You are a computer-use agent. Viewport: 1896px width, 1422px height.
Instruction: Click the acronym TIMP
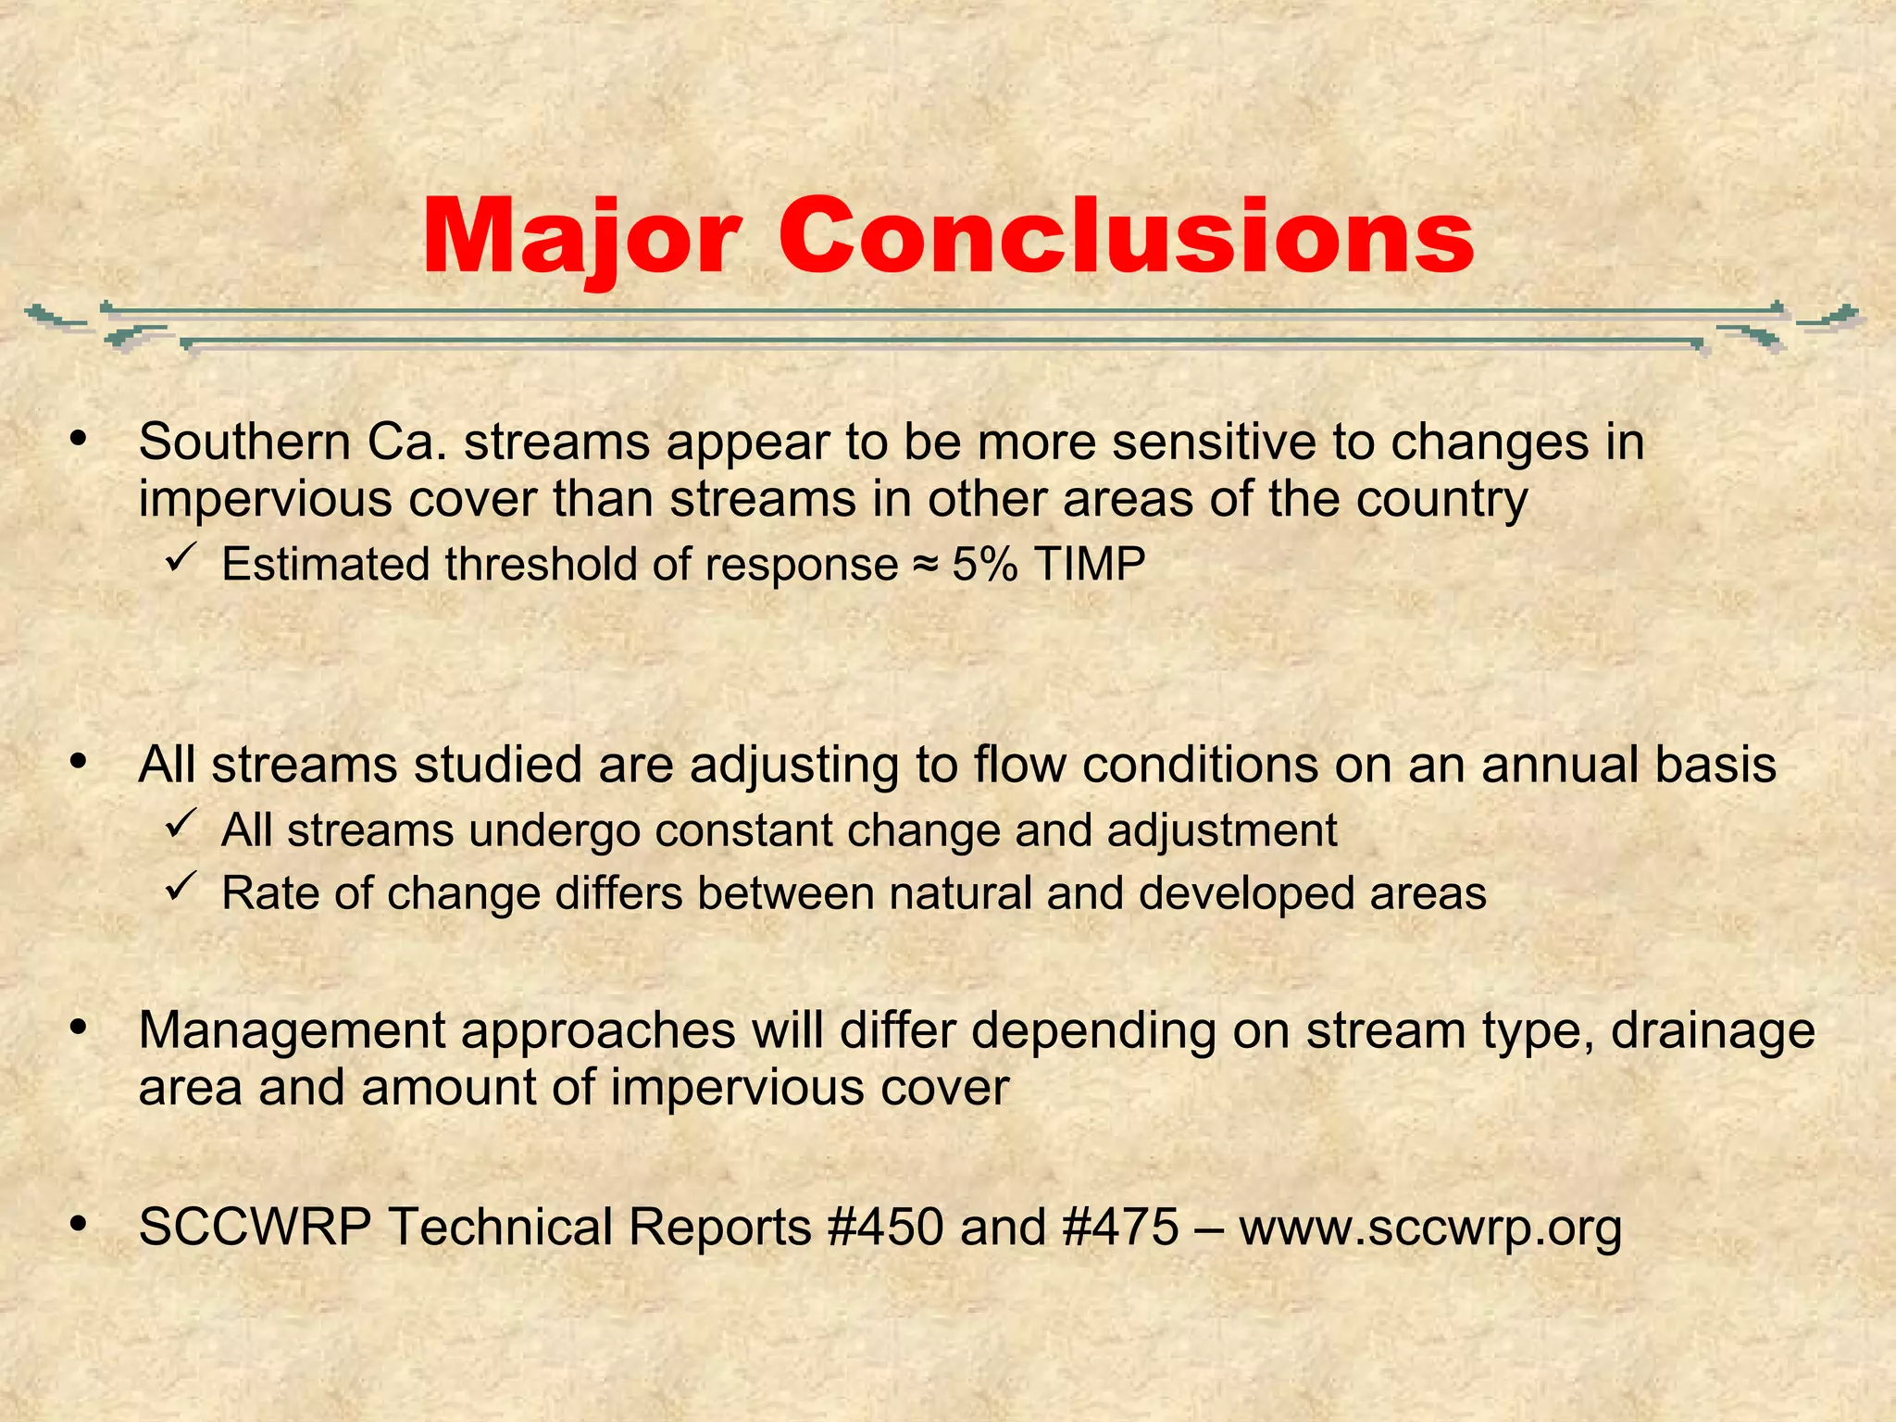pyautogui.click(x=1090, y=564)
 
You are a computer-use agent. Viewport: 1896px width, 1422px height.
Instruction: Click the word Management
pyautogui.click(x=292, y=1030)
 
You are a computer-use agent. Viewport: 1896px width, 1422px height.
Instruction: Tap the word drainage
pyautogui.click(x=1713, y=1031)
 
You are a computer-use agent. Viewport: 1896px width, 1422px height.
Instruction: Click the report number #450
pyautogui.click(x=885, y=1227)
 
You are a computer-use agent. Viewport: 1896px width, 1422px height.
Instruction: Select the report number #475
pyautogui.click(x=1121, y=1227)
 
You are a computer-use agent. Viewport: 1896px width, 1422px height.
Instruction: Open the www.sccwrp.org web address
pyautogui.click(x=1430, y=1229)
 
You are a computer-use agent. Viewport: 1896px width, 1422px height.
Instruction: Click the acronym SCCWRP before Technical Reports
pyautogui.click(x=255, y=1227)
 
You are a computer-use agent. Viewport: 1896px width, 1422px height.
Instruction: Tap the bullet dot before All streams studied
pyautogui.click(x=79, y=762)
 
